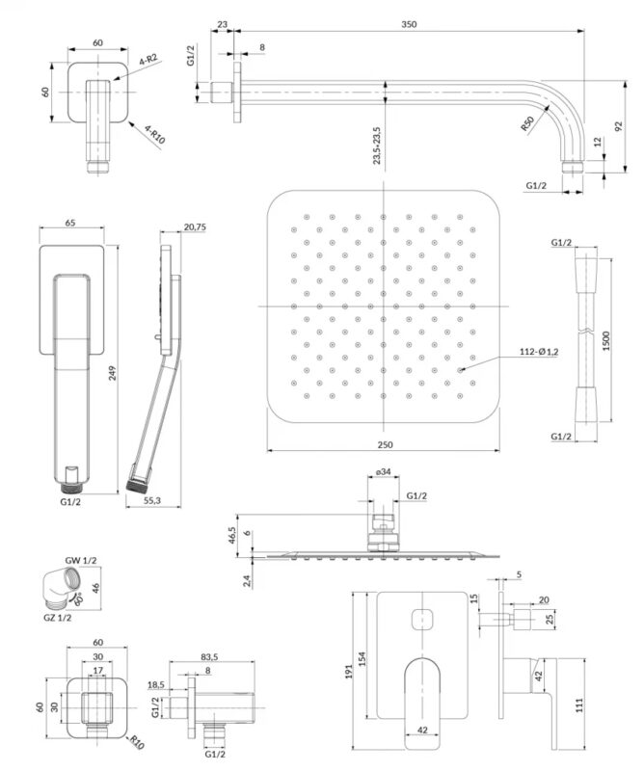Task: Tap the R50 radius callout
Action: [x=527, y=124]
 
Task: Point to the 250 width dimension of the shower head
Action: [x=385, y=444]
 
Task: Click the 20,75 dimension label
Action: [x=193, y=227]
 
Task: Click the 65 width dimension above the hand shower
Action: [x=70, y=223]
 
